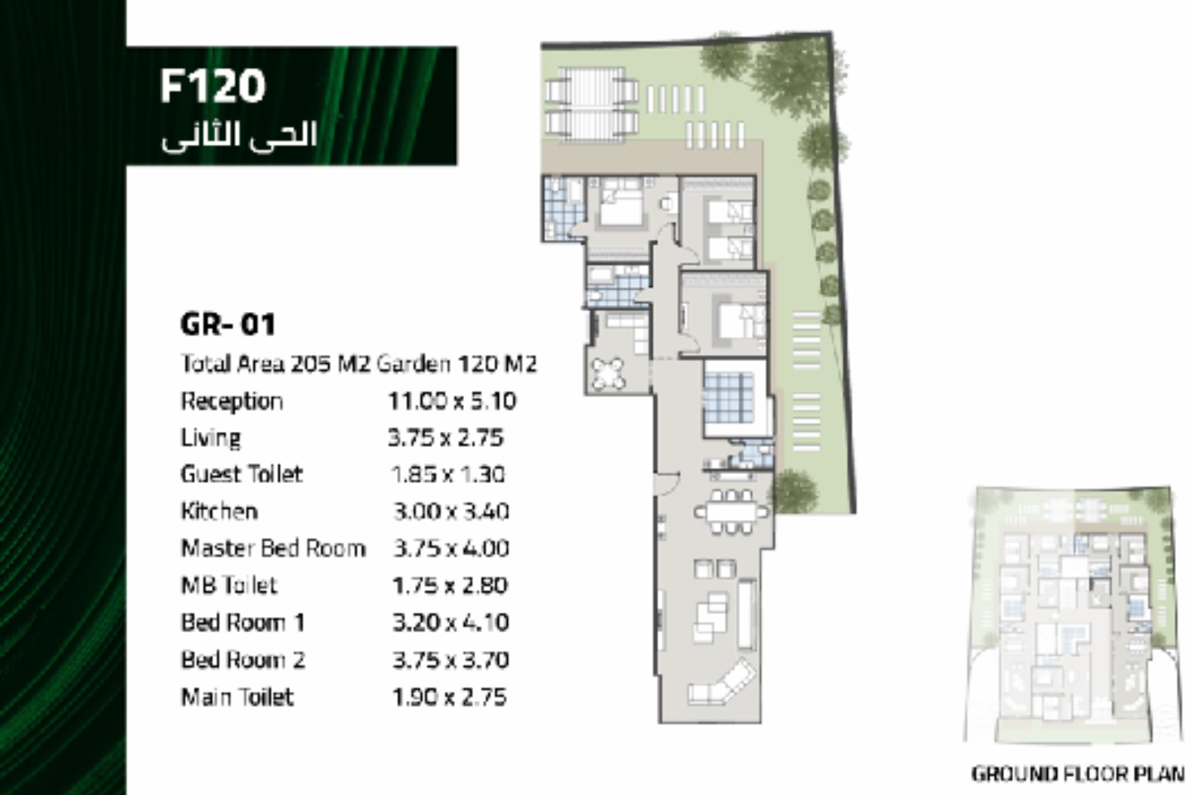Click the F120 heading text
tap(213, 86)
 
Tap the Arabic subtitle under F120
tap(239, 136)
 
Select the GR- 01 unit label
tap(228, 324)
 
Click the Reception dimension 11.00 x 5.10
tap(452, 401)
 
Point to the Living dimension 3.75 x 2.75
tap(446, 438)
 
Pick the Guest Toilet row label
tap(242, 474)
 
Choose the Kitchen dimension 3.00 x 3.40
tap(451, 511)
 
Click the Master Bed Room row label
tap(273, 548)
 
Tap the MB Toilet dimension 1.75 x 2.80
tap(450, 586)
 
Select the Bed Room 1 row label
tap(243, 623)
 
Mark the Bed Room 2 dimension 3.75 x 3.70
tap(451, 660)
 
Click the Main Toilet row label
tap(237, 697)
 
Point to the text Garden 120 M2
tap(457, 364)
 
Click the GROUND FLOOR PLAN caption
tap(1078, 774)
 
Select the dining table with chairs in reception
tap(732, 511)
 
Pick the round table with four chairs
tap(608, 372)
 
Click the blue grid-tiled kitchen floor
tap(729, 398)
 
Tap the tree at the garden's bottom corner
tap(795, 490)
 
